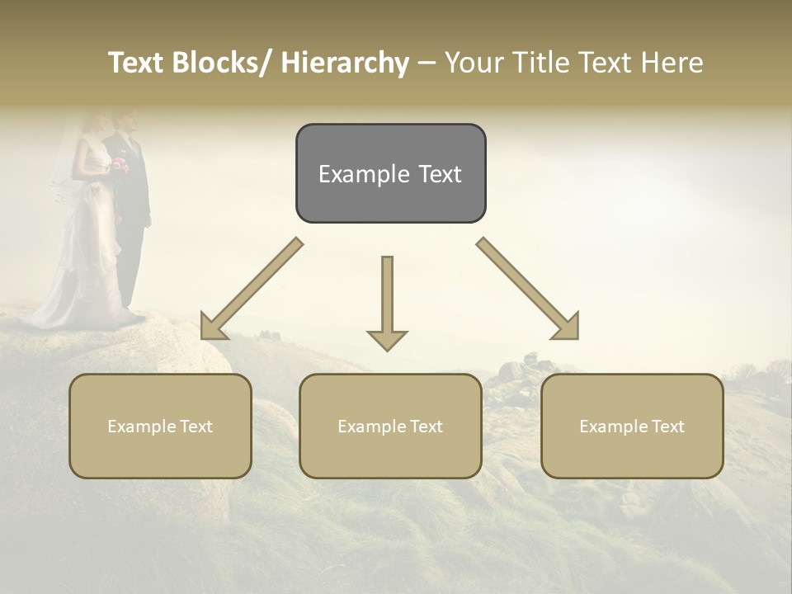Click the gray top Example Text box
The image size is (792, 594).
pyautogui.click(x=390, y=173)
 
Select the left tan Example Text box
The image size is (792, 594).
pyautogui.click(x=160, y=426)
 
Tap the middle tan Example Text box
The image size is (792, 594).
pyautogui.click(x=390, y=426)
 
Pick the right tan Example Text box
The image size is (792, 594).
pyautogui.click(x=632, y=426)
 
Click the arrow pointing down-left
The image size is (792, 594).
pyautogui.click(x=252, y=289)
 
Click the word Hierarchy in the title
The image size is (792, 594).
pyautogui.click(x=345, y=63)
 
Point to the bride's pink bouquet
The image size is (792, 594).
pyautogui.click(x=120, y=164)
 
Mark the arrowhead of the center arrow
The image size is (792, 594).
pyautogui.click(x=387, y=339)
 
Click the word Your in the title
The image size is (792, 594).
pyautogui.click(x=474, y=63)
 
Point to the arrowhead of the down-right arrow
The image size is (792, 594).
pyautogui.click(x=568, y=329)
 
